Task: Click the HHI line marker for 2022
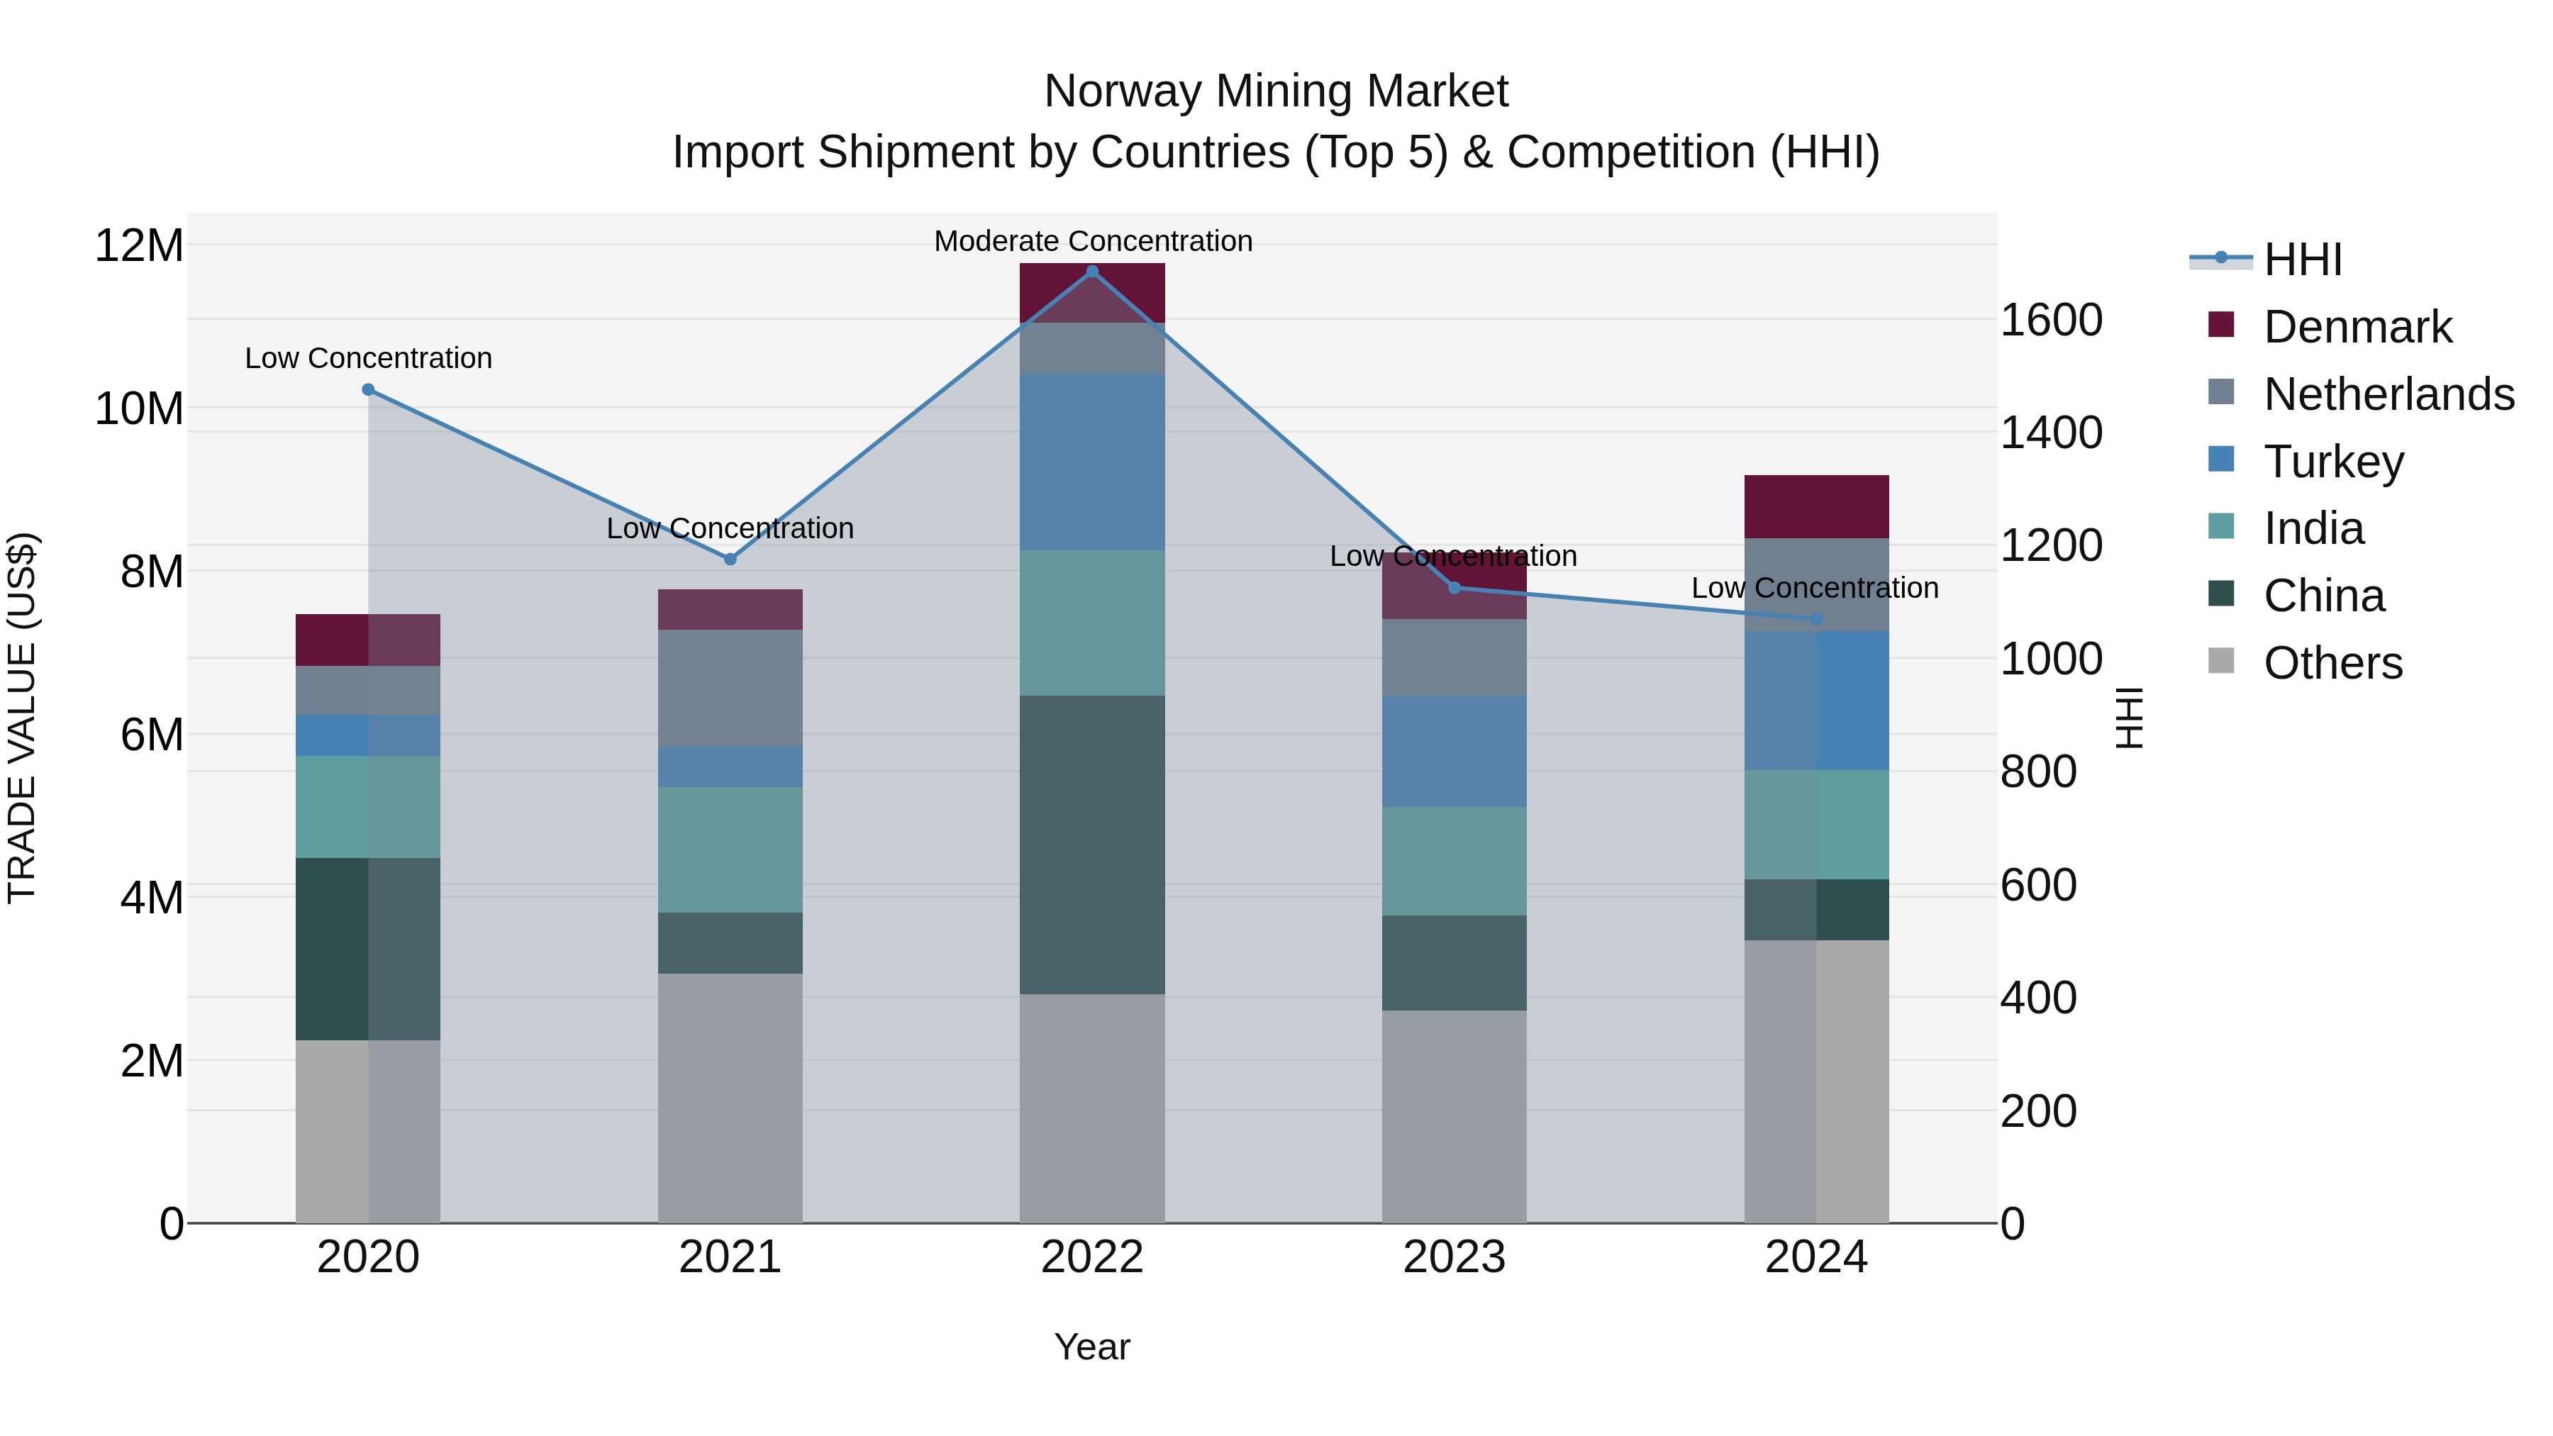1092,272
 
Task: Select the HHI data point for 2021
730,559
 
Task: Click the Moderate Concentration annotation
1092,241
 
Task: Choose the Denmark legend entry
2357,327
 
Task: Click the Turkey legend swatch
2221,460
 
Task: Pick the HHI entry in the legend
2302,260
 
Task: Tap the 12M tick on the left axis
139,245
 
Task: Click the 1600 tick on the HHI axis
2050,320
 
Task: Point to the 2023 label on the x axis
1454,1257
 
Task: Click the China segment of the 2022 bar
1092,845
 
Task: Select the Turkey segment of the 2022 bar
1092,462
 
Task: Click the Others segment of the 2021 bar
730,1098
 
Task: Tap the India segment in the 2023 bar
1454,860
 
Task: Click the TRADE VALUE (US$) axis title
22,718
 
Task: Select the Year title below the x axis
1092,1347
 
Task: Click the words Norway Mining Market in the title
1276,91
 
